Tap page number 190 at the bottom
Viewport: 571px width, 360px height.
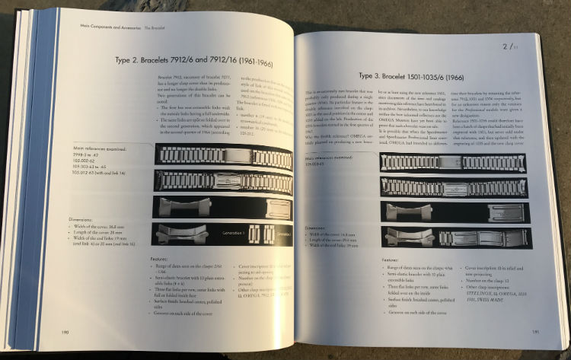[65, 332]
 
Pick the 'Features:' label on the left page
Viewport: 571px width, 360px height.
[157, 256]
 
